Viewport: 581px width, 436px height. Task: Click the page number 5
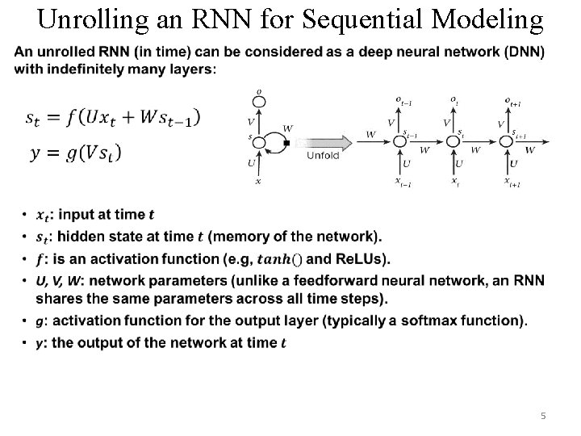543,415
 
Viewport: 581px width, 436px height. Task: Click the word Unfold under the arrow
323,156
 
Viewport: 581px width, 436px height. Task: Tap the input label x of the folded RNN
258,182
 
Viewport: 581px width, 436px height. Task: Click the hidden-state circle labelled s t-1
399,140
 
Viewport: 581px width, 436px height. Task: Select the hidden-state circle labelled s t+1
507,140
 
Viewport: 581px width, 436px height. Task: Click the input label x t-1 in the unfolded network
403,182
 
